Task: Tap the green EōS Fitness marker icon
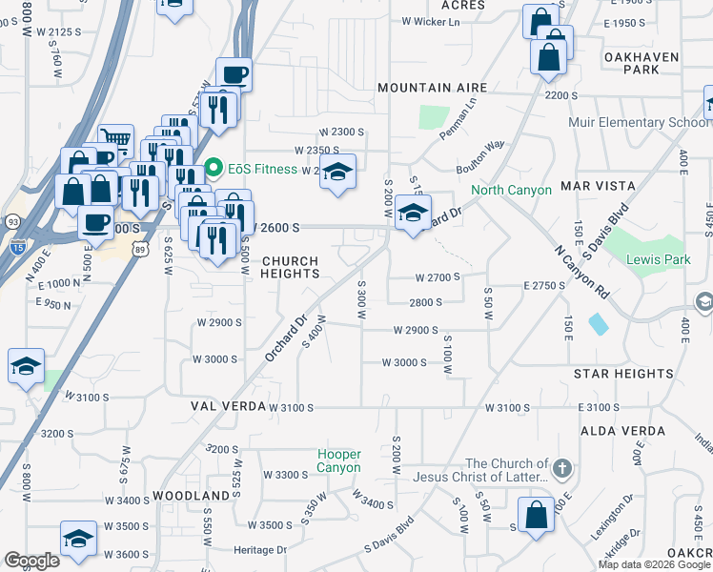pyautogui.click(x=214, y=170)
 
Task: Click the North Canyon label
pyautogui.click(x=512, y=190)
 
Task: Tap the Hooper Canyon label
pyautogui.click(x=339, y=460)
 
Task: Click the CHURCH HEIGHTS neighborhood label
pyautogui.click(x=291, y=267)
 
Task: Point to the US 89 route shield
pyautogui.click(x=140, y=250)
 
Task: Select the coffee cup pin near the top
pyautogui.click(x=234, y=75)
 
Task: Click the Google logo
pyautogui.click(x=31, y=561)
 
